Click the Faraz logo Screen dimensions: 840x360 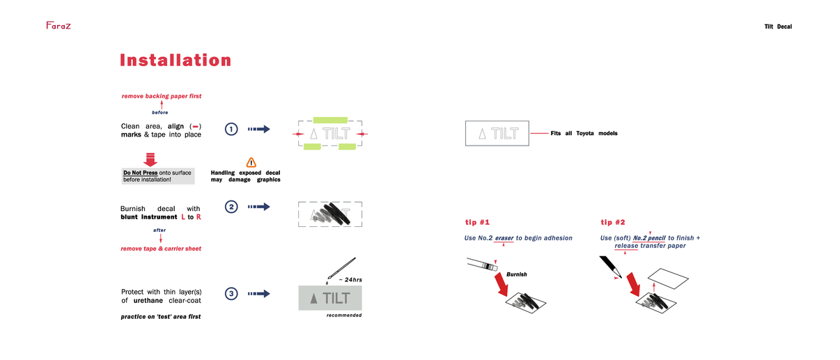tap(58, 25)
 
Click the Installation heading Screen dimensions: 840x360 tap(176, 60)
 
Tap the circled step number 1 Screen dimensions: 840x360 tap(231, 130)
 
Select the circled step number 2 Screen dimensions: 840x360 tap(231, 207)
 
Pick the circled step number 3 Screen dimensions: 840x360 tap(231, 294)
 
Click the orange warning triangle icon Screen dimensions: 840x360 tap(251, 162)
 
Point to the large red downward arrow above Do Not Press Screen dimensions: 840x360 tap(150, 159)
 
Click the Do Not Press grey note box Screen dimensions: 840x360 tap(158, 176)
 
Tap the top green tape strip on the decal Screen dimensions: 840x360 tap(330, 120)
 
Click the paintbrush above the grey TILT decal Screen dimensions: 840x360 tap(341, 269)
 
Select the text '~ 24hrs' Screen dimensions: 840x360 tap(350, 280)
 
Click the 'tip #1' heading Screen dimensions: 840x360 tap(477, 222)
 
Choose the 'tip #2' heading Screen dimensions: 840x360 tap(613, 222)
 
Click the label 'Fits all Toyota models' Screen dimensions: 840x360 tap(584, 133)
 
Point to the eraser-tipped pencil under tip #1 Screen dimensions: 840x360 tap(482, 264)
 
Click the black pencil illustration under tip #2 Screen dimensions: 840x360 tap(611, 267)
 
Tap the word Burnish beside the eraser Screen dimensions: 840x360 tap(516, 274)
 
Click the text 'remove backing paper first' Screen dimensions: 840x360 tap(162, 96)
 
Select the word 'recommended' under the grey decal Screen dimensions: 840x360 tap(344, 315)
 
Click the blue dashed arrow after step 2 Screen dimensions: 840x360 tap(258, 207)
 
